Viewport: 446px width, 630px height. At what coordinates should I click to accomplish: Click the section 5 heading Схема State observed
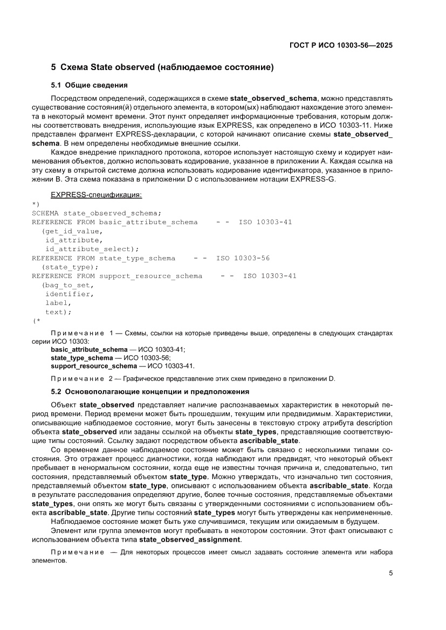coord(162,68)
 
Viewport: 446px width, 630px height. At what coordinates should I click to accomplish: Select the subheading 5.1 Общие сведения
coord(89,85)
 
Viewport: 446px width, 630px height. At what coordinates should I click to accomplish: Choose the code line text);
coord(58,312)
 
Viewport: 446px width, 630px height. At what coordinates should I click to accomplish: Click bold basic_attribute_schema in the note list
coord(89,350)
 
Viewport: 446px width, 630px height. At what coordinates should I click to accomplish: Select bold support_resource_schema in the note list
coord(94,366)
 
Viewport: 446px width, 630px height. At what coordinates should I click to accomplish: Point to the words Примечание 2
coord(82,378)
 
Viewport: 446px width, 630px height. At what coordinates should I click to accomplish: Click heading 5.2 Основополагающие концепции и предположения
coord(150,391)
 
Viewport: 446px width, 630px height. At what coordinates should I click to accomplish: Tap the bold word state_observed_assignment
coord(190,540)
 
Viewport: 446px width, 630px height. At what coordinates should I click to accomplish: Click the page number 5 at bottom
coord(390,573)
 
